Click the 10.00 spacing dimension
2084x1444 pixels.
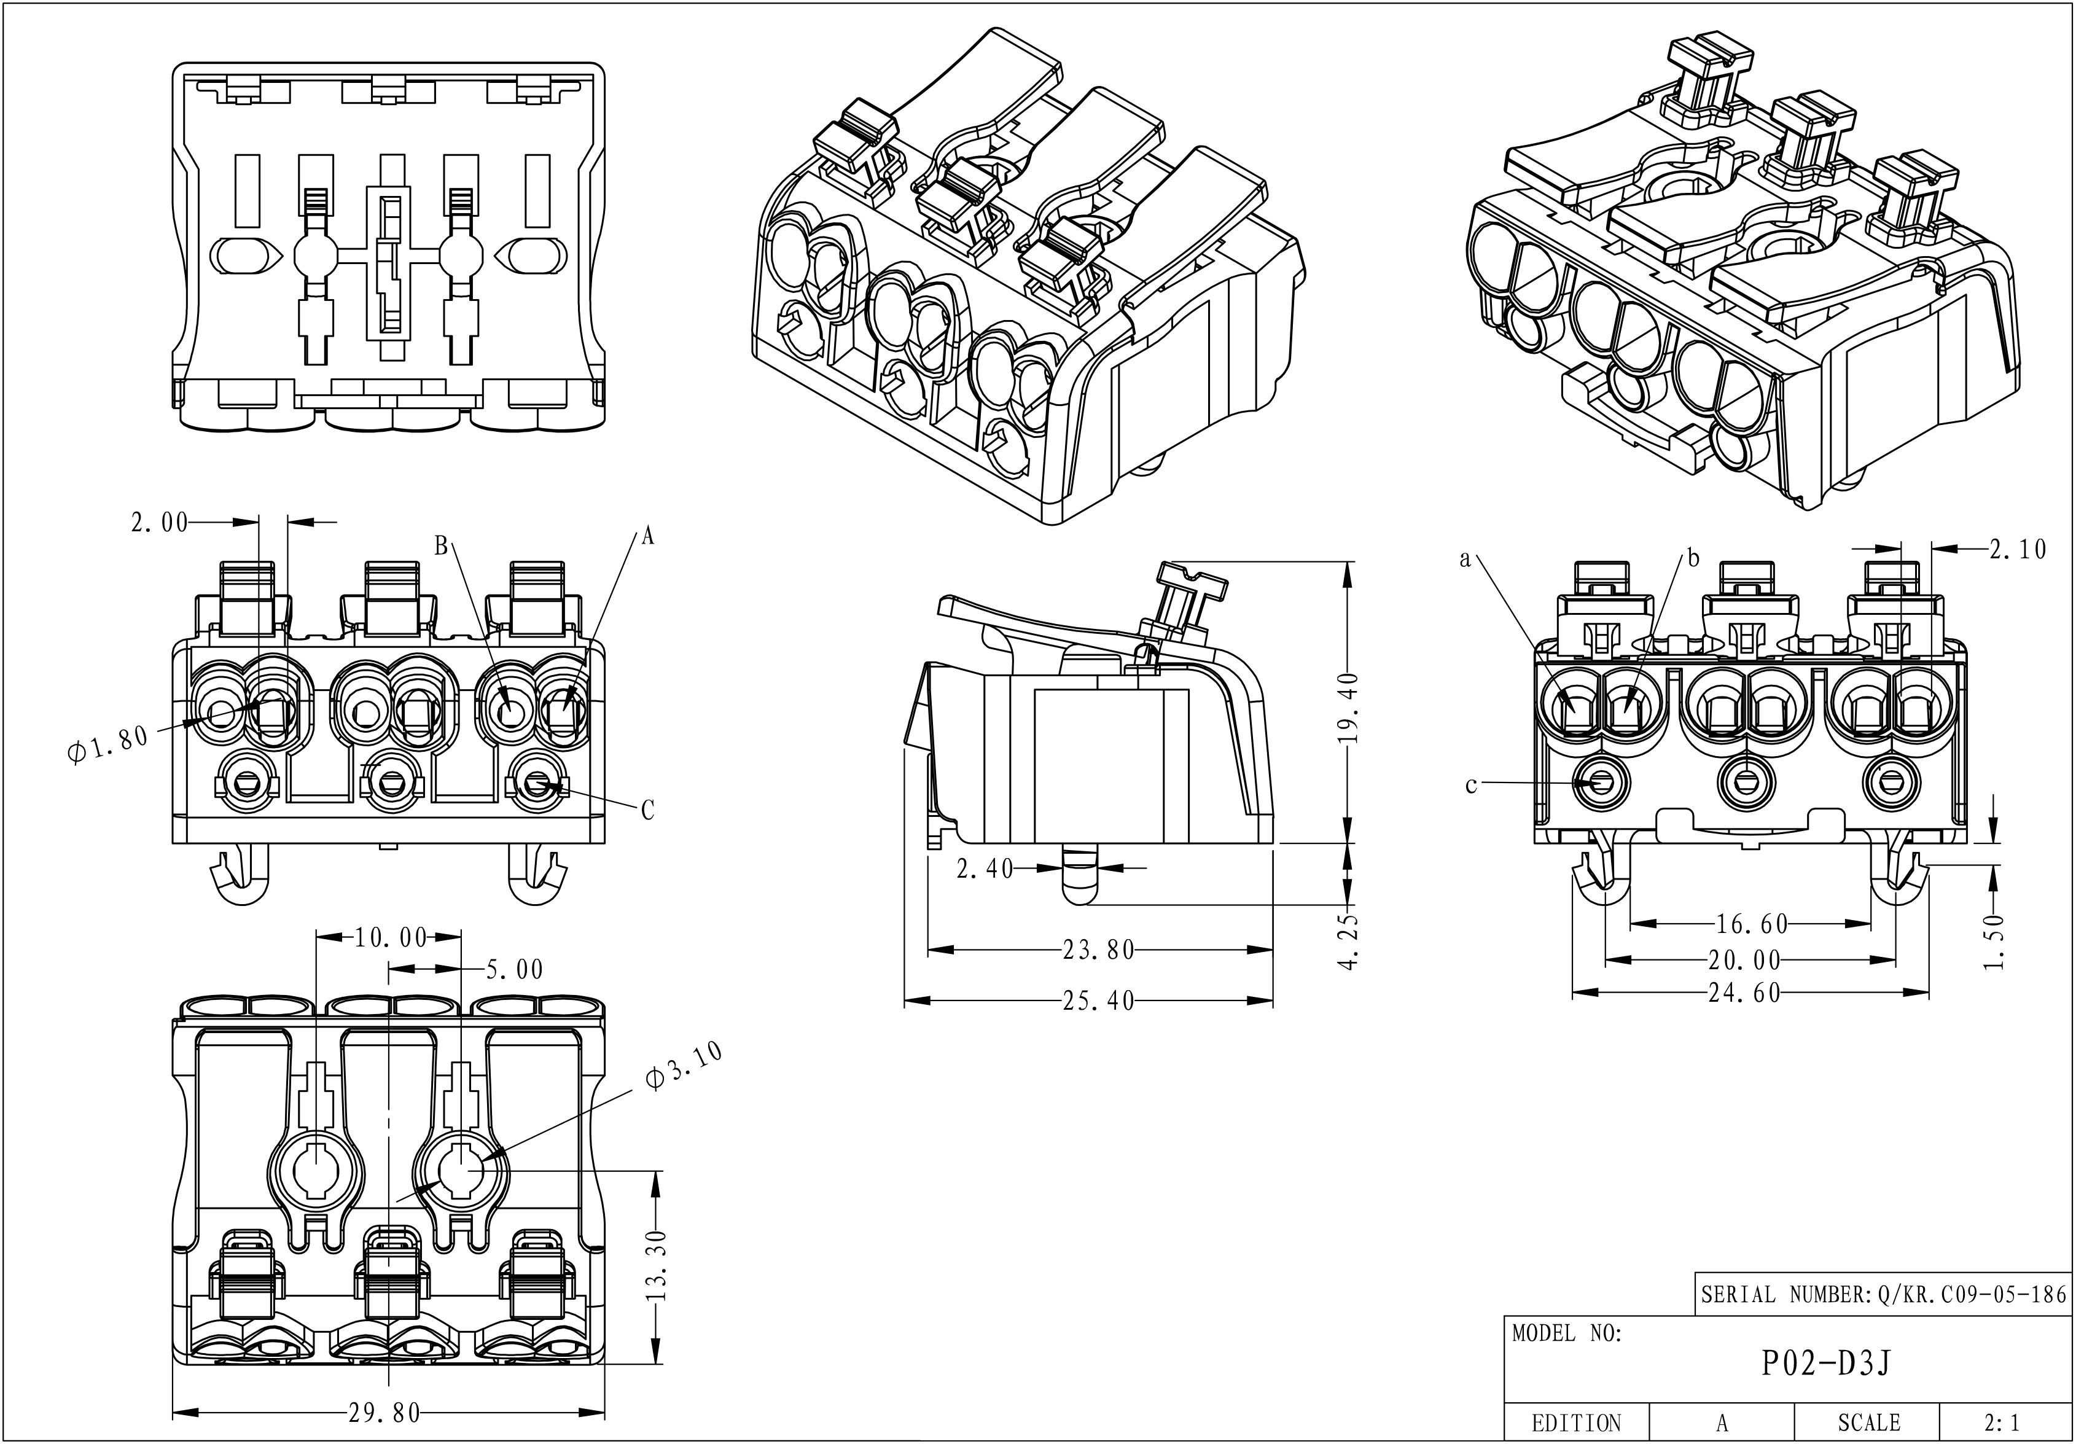390,939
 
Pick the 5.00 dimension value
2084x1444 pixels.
515,970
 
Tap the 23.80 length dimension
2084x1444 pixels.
1098,950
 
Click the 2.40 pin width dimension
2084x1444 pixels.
985,868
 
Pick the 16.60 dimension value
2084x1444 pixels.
1752,924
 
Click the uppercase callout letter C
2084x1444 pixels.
647,811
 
